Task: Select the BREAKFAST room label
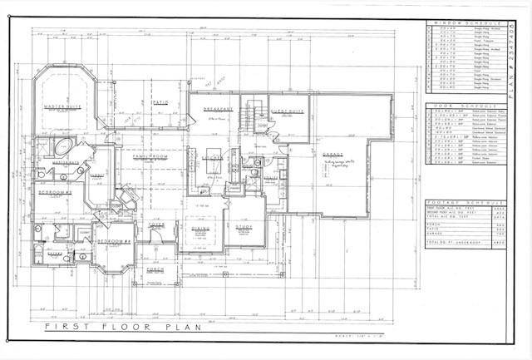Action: point(218,111)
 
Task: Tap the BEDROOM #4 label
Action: point(114,241)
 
